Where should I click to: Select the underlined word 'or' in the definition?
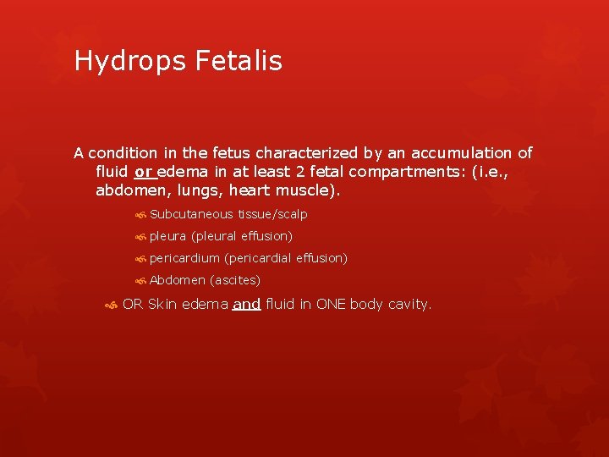(x=143, y=172)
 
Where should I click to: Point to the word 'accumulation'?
(x=438, y=153)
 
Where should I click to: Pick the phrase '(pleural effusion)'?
(x=242, y=236)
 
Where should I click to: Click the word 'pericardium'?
(x=184, y=258)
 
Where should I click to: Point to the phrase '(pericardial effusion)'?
(x=286, y=258)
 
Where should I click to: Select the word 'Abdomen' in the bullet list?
(x=178, y=280)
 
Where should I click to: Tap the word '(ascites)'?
(x=235, y=280)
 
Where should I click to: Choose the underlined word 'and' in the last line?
(x=246, y=304)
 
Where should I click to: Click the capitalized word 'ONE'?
(x=331, y=304)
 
